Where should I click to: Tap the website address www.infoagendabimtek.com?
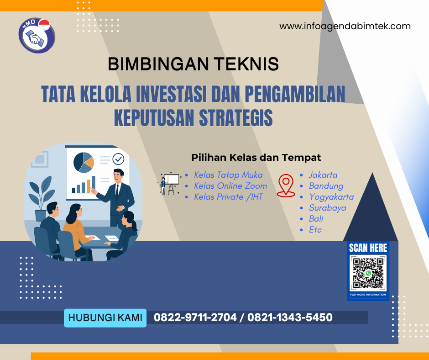[x=345, y=26]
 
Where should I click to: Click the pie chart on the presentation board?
[x=83, y=162]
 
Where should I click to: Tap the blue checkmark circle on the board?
[x=118, y=159]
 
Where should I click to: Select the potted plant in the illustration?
[x=41, y=192]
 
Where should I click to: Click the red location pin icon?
[x=286, y=185]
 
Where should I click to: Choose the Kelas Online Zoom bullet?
[x=230, y=186]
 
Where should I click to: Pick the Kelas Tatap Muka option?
[x=228, y=175]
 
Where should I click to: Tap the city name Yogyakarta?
[x=331, y=197]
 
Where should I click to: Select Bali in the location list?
[x=316, y=219]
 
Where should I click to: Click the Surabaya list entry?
[x=327, y=208]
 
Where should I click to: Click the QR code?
[x=368, y=274]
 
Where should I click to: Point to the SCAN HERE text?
[x=368, y=248]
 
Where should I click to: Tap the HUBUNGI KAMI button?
[x=105, y=318]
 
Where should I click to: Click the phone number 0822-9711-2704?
[x=194, y=318]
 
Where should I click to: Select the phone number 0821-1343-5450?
[x=290, y=318]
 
